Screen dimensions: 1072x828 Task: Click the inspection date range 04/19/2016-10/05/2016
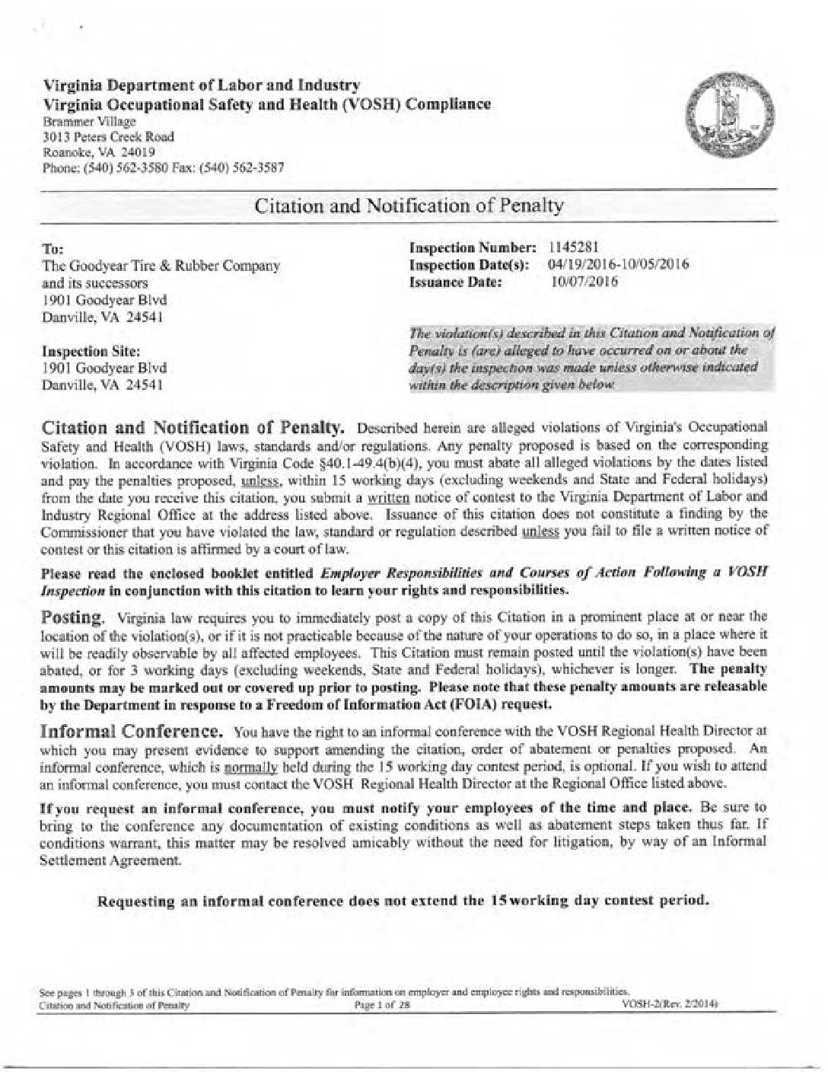[618, 265]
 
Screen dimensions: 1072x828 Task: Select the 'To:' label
[51, 249]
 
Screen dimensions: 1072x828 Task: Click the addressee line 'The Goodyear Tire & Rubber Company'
[160, 266]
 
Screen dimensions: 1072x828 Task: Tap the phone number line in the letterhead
[163, 168]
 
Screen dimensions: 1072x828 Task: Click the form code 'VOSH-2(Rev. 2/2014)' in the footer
[670, 1005]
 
